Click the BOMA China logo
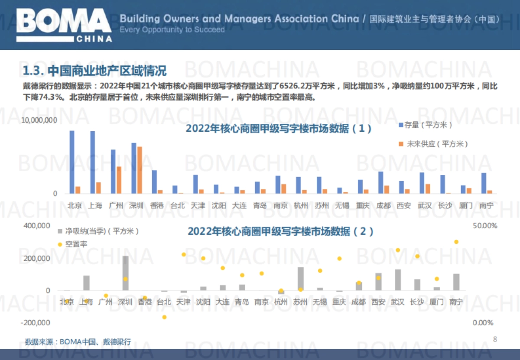pyautogui.click(x=64, y=25)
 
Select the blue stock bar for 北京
pyautogui.click(x=72, y=162)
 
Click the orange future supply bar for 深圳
pyautogui.click(x=140, y=170)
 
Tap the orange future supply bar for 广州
pyautogui.click(x=119, y=180)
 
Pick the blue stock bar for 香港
pyautogui.click(x=154, y=182)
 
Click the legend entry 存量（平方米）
pyautogui.click(x=425, y=125)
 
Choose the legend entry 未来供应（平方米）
pyautogui.click(x=433, y=143)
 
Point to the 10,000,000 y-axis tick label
pyautogui.click(x=39, y=120)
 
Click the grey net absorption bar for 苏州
pyautogui.click(x=301, y=279)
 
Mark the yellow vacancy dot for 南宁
pyautogui.click(x=456, y=242)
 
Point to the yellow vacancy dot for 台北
pyautogui.click(x=165, y=317)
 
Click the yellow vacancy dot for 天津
pyautogui.click(x=184, y=255)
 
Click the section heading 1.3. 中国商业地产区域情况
pyautogui.click(x=94, y=70)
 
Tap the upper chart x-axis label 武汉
pyautogui.click(x=425, y=205)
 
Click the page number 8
pyautogui.click(x=495, y=339)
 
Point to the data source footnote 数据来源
pyautogui.click(x=78, y=341)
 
